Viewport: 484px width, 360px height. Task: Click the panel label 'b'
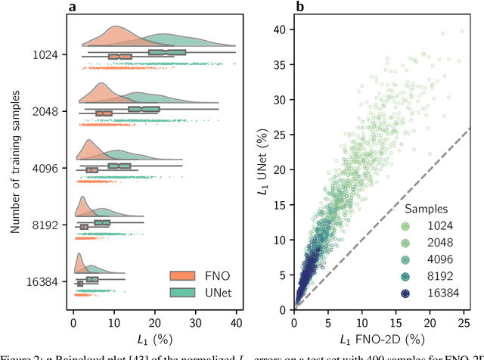300,8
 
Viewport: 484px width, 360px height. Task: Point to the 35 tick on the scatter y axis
282,64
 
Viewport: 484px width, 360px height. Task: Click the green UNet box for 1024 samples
167,53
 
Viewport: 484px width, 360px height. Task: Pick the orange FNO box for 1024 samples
119,57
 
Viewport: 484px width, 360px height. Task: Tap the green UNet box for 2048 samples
144,110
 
